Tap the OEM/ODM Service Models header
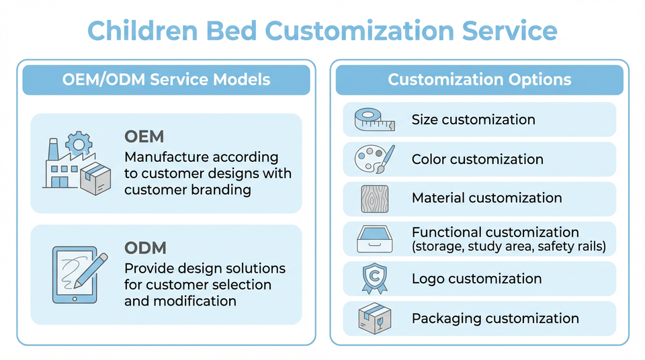[166, 79]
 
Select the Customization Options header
[480, 79]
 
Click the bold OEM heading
[144, 136]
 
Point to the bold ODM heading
[145, 248]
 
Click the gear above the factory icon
[79, 144]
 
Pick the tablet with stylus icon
[79, 275]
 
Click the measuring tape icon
[374, 120]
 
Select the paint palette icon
[374, 159]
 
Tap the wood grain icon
[374, 199]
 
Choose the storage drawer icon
[374, 238]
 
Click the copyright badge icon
[374, 279]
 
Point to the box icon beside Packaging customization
[374, 318]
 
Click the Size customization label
[474, 120]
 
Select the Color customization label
[478, 159]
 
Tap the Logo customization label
[477, 279]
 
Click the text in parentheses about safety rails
[509, 246]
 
